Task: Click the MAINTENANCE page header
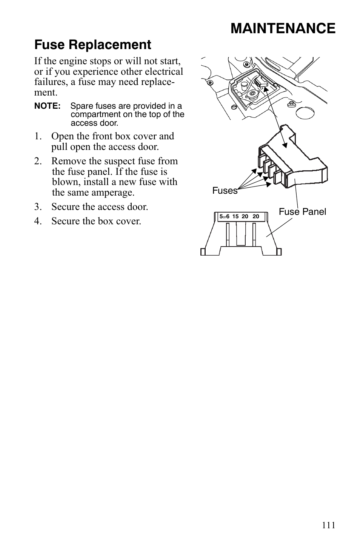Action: pyautogui.click(x=283, y=29)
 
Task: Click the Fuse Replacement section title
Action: pyautogui.click(x=92, y=45)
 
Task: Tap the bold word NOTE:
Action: pyautogui.click(x=47, y=106)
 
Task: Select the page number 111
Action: pyautogui.click(x=328, y=525)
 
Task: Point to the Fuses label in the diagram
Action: pyautogui.click(x=225, y=191)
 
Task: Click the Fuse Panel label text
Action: pyautogui.click(x=302, y=212)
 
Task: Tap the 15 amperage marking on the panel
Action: pyautogui.click(x=235, y=217)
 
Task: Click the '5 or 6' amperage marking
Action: pyautogui.click(x=225, y=217)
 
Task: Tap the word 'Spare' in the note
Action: pyautogui.click(x=82, y=106)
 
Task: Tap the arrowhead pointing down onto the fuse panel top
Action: pyautogui.click(x=285, y=145)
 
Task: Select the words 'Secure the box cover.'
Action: pyautogui.click(x=96, y=221)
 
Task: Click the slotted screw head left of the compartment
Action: pyautogui.click(x=234, y=107)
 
